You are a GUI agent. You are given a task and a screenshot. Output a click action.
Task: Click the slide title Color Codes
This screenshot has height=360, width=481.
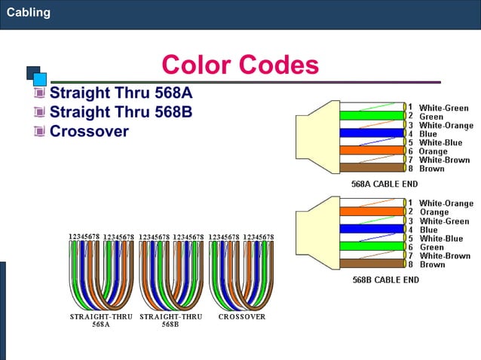click(240, 65)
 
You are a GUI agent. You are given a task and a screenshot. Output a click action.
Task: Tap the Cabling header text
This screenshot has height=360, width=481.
click(29, 12)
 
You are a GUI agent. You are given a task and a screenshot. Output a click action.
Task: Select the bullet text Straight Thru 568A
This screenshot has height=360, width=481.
click(121, 93)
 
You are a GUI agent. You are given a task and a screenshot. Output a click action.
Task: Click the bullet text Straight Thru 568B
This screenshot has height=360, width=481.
click(121, 112)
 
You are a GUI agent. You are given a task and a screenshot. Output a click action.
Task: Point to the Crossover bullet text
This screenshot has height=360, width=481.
click(89, 131)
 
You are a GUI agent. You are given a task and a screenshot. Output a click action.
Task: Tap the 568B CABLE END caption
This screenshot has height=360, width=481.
click(385, 279)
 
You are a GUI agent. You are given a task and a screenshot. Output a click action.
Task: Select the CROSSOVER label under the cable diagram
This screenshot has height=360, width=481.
click(241, 317)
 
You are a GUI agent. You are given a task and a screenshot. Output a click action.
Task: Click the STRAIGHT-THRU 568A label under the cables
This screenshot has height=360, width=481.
click(101, 321)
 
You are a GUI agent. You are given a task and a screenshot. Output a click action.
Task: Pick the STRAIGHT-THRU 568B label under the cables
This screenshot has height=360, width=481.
click(170, 321)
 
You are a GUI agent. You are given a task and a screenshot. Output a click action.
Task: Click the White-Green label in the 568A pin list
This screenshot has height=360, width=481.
click(443, 108)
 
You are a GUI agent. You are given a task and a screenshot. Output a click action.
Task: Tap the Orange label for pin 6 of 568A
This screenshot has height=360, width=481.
click(433, 151)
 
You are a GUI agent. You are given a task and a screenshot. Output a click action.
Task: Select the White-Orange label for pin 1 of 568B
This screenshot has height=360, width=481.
click(446, 203)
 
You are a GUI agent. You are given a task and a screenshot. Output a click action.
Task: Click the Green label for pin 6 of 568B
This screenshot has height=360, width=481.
click(431, 247)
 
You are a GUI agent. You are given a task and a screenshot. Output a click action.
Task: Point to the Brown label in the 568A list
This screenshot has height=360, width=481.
click(431, 169)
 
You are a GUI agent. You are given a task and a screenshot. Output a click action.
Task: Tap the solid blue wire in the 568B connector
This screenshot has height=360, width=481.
click(369, 229)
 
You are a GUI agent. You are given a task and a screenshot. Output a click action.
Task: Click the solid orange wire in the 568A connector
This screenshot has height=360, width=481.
click(369, 151)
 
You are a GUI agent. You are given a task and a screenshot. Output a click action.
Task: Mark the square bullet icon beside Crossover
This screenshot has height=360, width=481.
click(39, 132)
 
